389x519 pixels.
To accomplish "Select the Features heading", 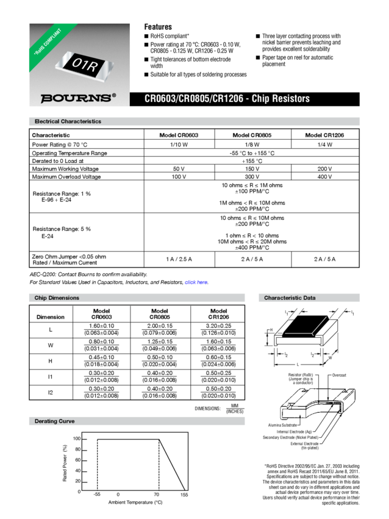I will (157, 27).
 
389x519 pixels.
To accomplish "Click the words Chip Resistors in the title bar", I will (284, 98).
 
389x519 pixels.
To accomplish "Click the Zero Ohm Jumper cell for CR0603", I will (179, 259).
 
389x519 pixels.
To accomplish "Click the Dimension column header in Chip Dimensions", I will (51, 317).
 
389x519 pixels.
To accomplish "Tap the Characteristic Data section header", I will (290, 298).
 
